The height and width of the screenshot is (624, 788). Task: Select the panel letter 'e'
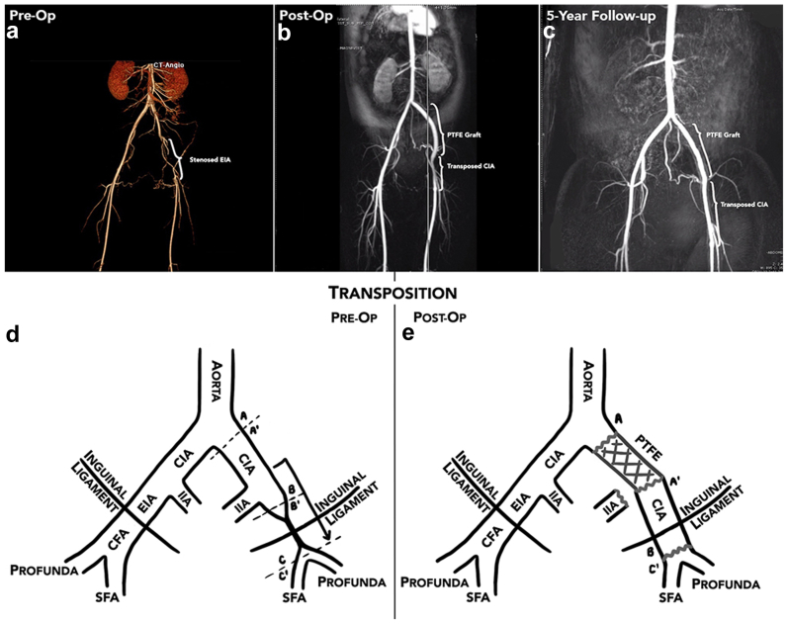(406, 333)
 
